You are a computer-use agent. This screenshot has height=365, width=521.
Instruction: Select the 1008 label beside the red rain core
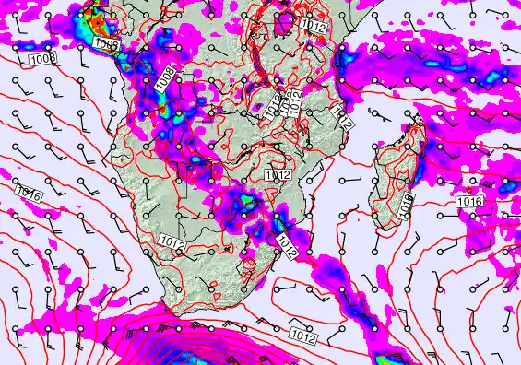(106, 43)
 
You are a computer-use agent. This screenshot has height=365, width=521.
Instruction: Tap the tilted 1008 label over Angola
(167, 79)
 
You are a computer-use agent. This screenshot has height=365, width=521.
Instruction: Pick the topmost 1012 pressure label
(314, 28)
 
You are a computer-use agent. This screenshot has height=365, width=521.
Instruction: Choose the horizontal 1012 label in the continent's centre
(278, 174)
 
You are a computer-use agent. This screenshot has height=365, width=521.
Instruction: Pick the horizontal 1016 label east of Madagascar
(469, 201)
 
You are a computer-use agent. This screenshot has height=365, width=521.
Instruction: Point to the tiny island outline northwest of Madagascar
(371, 112)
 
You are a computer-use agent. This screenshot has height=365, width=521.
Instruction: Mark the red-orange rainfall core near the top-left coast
(92, 16)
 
